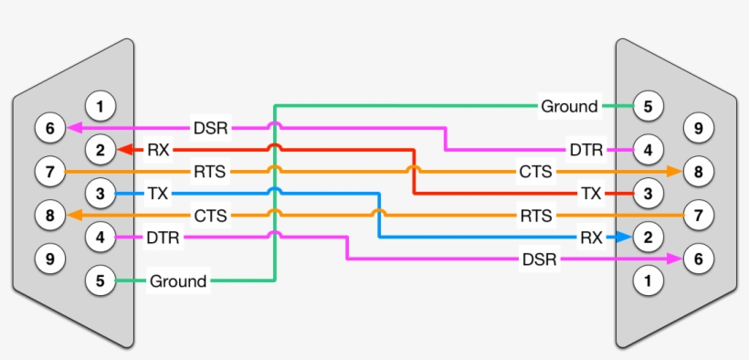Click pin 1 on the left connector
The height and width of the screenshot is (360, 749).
[x=100, y=107]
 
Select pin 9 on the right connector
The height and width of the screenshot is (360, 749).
[x=699, y=129]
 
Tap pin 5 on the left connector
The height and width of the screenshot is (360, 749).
[x=100, y=281]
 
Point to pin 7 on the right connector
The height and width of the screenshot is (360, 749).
[x=699, y=216]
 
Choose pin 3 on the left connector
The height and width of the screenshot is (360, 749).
[x=100, y=193]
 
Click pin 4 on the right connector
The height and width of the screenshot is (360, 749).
[x=648, y=150]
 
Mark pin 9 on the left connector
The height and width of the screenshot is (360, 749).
[x=50, y=259]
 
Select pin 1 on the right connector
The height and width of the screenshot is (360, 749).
[x=648, y=281]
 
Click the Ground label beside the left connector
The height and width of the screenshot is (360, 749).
[x=178, y=281]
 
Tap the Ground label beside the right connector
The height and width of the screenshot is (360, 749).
[x=569, y=107]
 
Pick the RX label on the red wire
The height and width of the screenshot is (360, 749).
[x=158, y=150]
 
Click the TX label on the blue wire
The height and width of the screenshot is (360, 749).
[x=158, y=194]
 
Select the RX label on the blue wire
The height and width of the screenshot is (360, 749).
[x=591, y=238]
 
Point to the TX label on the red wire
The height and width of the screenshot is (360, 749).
[x=591, y=194]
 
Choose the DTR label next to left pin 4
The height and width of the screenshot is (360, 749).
[x=164, y=238]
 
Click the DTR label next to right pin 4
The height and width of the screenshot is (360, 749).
[x=585, y=150]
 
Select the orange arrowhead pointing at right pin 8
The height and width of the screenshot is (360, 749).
[x=674, y=171]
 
